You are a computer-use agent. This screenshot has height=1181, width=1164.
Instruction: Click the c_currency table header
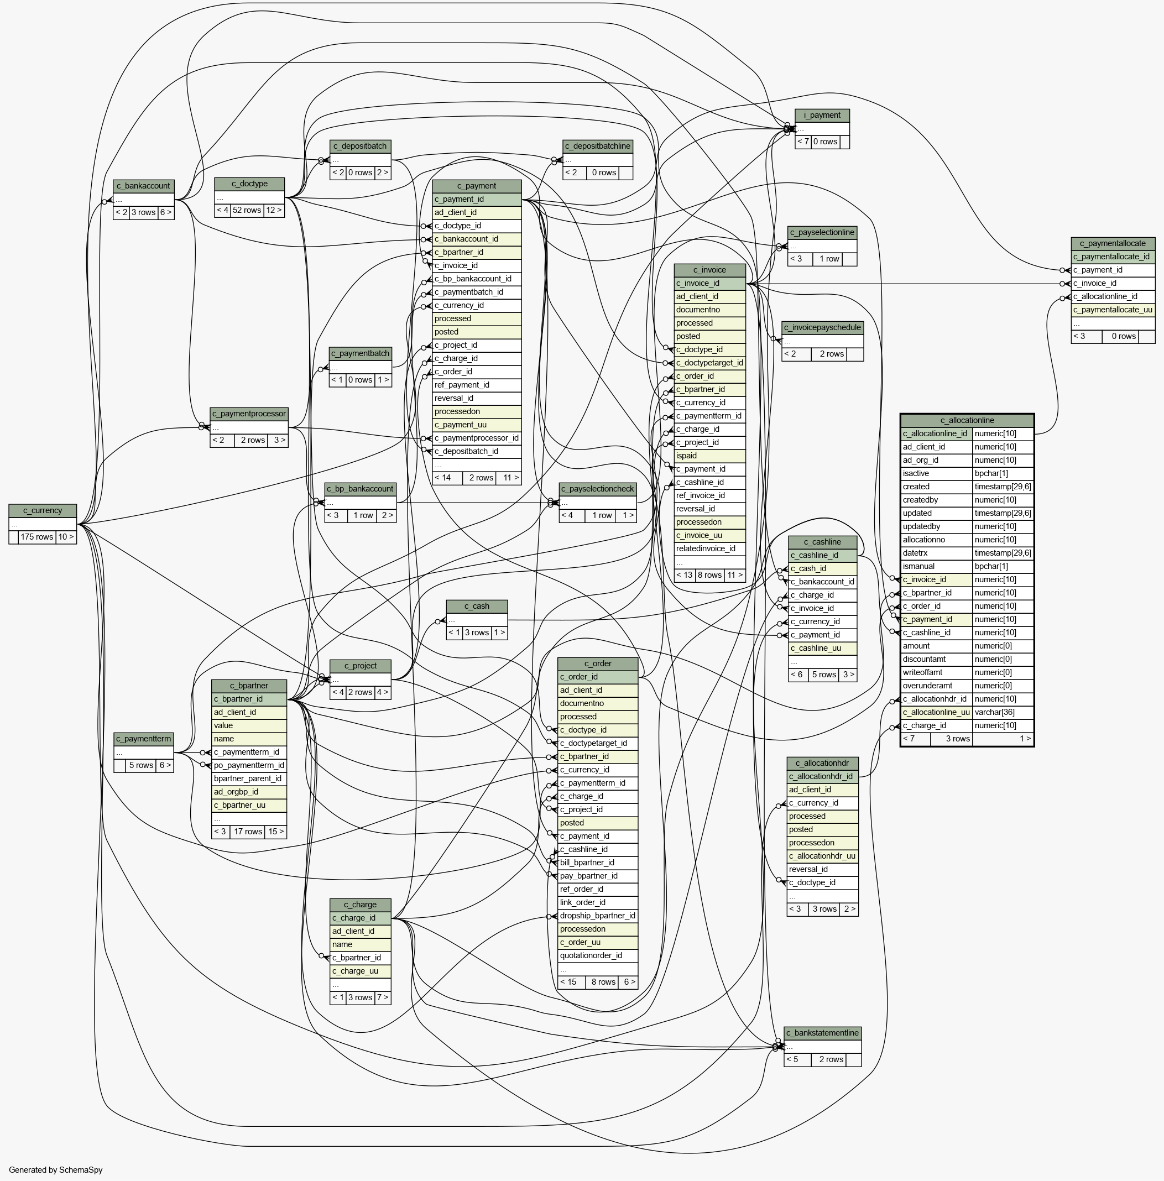pyautogui.click(x=43, y=510)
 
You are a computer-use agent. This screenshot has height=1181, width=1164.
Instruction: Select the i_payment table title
pyautogui.click(x=822, y=116)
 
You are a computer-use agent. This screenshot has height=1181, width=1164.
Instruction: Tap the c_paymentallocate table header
pyautogui.click(x=1113, y=243)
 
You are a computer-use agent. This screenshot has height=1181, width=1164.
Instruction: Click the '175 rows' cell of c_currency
pyautogui.click(x=36, y=537)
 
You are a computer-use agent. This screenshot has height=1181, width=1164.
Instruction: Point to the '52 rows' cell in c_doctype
pyautogui.click(x=247, y=210)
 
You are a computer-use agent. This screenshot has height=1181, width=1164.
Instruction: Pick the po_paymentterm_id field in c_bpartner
pyautogui.click(x=249, y=765)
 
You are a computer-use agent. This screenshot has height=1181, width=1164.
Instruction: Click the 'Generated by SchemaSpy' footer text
pyautogui.click(x=56, y=1170)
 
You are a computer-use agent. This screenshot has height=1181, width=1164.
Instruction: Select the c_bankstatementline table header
pyautogui.click(x=822, y=1033)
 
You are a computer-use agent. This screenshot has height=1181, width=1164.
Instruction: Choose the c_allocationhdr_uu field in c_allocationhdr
pyautogui.click(x=822, y=856)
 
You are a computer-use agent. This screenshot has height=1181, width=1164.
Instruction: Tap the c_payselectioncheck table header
pyautogui.click(x=598, y=489)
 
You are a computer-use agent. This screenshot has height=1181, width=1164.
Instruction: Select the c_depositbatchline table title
pyautogui.click(x=597, y=147)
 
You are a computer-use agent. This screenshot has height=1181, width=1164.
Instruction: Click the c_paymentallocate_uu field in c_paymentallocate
pyautogui.click(x=1113, y=310)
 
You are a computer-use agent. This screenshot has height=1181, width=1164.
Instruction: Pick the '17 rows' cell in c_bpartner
pyautogui.click(x=248, y=832)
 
